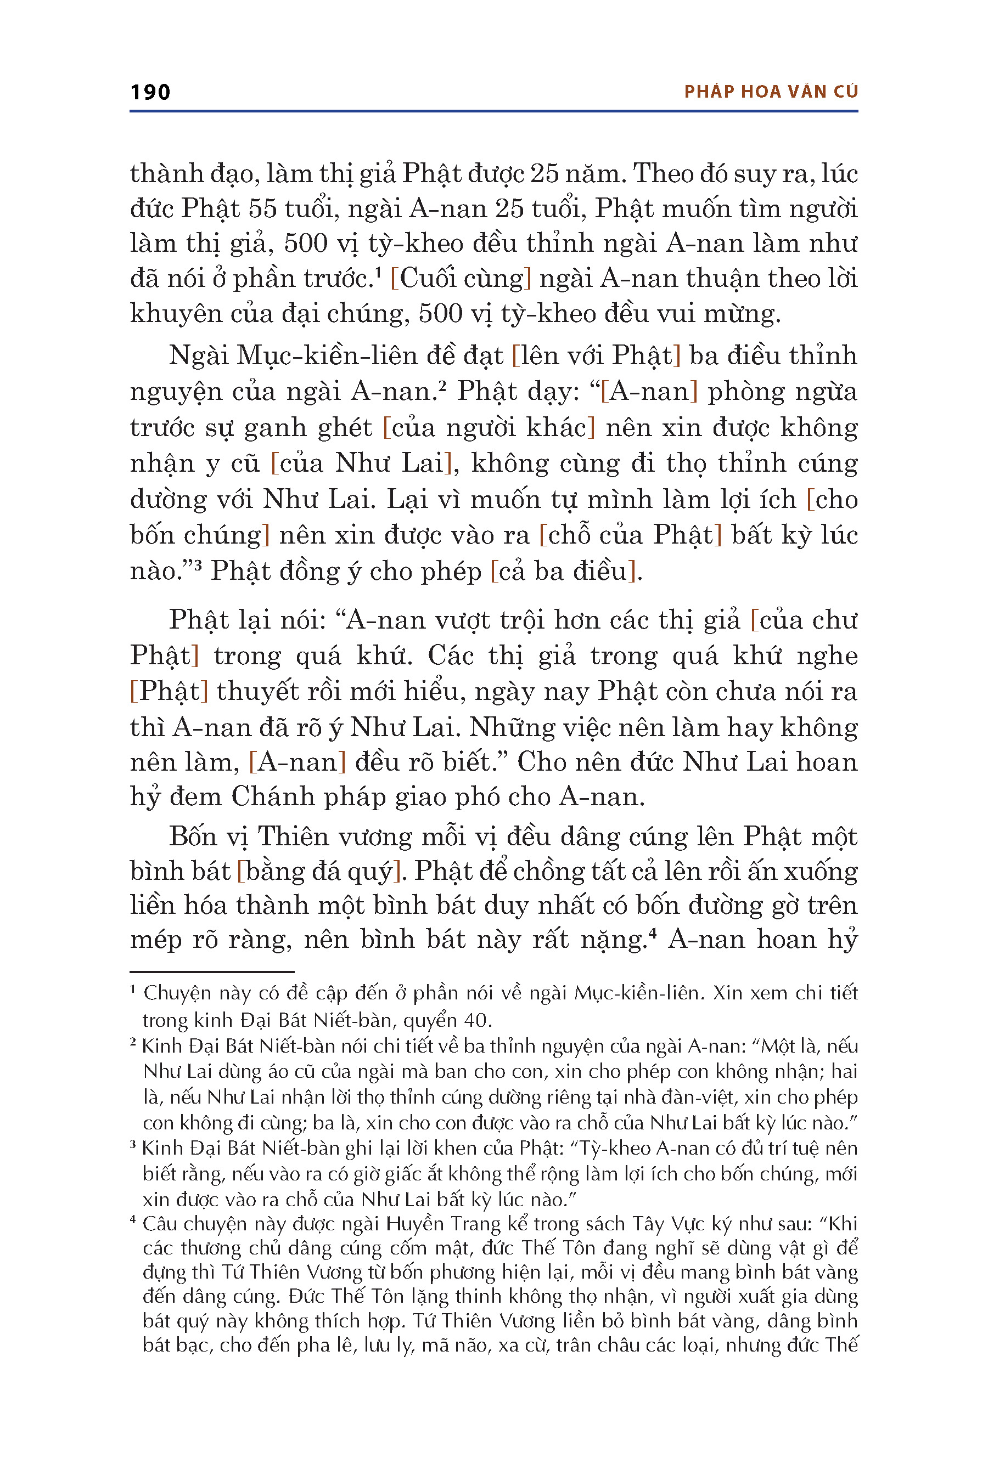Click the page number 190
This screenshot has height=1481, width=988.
click(150, 92)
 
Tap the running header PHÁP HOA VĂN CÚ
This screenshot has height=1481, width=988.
click(771, 92)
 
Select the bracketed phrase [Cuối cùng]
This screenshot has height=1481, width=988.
click(461, 278)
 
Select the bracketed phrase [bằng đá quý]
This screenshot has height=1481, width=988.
click(319, 872)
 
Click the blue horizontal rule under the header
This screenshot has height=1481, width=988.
click(493, 111)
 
